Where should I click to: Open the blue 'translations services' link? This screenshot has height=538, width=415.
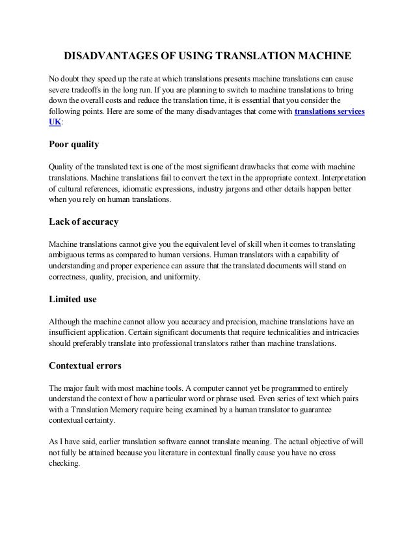pos(330,112)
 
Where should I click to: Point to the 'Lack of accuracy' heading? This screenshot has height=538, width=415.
pos(84,221)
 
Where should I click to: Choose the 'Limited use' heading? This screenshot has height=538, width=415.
pos(74,300)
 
